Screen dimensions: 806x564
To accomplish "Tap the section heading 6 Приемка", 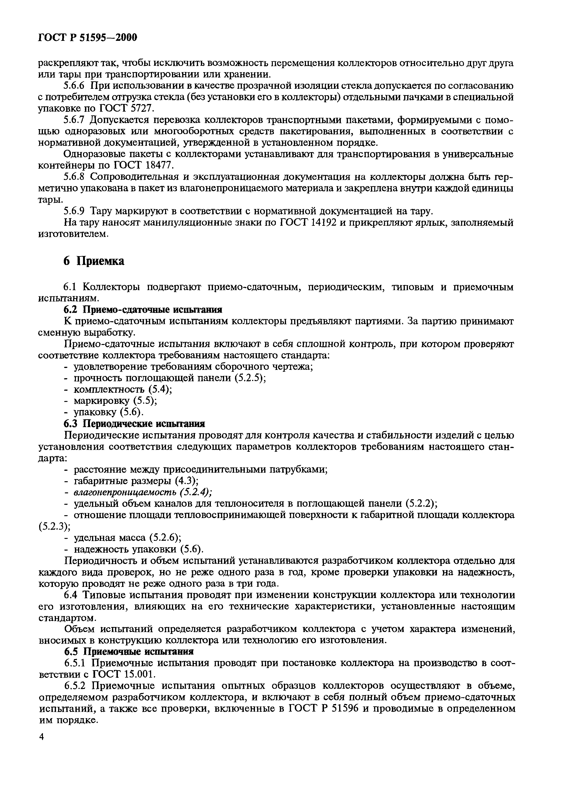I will point(94,261).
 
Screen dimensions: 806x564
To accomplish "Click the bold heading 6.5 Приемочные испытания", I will point(129,652).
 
